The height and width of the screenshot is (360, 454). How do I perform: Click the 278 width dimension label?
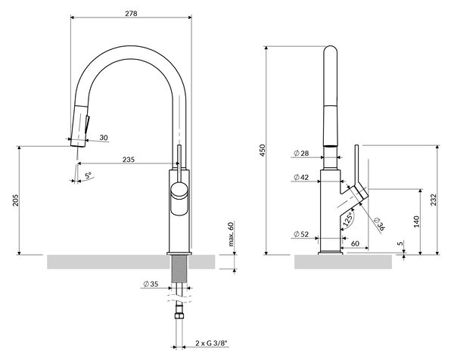click(x=131, y=14)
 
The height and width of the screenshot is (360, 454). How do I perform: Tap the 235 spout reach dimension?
click(x=129, y=160)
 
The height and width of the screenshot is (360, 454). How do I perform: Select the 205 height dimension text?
click(x=15, y=200)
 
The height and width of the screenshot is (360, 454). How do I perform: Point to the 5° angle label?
click(x=88, y=175)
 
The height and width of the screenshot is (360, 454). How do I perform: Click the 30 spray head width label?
click(x=104, y=138)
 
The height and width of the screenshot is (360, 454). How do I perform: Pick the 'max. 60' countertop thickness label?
click(x=231, y=233)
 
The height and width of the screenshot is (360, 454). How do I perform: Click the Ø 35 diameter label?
click(x=151, y=284)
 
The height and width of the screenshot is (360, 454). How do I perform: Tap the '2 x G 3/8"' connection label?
click(x=212, y=343)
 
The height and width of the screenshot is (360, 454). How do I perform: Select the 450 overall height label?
click(x=263, y=151)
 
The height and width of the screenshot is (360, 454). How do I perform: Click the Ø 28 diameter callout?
click(x=301, y=153)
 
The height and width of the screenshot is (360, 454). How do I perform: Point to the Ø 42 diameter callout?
click(x=301, y=177)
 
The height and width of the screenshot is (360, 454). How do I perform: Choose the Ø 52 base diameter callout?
click(x=301, y=234)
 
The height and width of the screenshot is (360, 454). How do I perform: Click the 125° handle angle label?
click(x=348, y=219)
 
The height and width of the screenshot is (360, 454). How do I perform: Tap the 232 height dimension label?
click(x=433, y=200)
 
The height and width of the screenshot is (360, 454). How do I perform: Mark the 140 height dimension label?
click(x=416, y=222)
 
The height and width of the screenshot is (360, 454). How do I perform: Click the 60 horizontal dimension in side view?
click(x=355, y=244)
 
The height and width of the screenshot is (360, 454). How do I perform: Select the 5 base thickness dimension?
click(x=400, y=244)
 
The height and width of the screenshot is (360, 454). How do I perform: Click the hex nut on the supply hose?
click(x=179, y=315)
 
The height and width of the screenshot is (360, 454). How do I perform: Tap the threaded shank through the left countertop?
click(x=179, y=268)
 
